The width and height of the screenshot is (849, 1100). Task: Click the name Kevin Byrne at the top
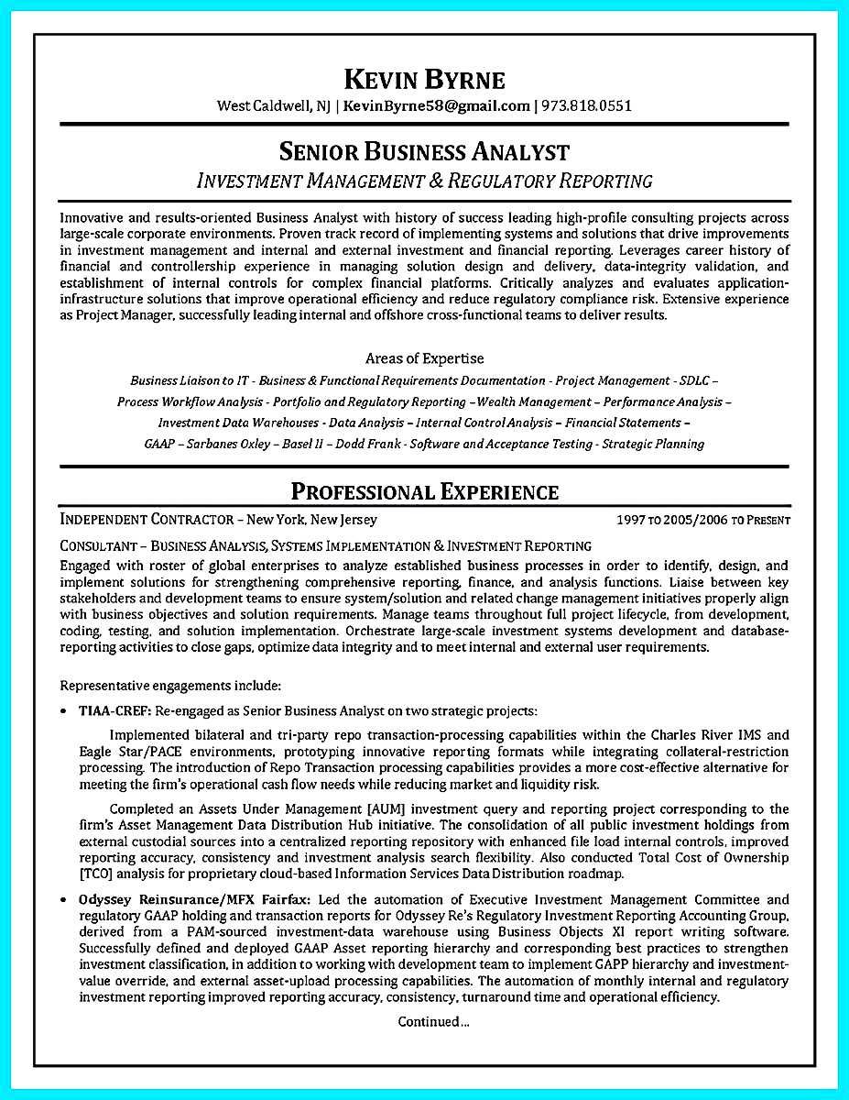(424, 78)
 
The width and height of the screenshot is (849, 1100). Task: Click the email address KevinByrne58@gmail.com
(436, 105)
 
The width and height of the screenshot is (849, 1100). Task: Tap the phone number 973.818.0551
(586, 105)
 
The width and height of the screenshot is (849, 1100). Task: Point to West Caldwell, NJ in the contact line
(273, 105)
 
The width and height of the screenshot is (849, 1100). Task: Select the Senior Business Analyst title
(424, 151)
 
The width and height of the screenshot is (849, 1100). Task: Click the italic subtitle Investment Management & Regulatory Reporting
(424, 181)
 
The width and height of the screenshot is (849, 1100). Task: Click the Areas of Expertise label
(424, 358)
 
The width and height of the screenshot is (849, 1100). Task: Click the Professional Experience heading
(424, 491)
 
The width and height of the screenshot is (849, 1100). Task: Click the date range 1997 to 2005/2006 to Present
(702, 521)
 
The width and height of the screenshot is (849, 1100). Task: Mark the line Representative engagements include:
(170, 685)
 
